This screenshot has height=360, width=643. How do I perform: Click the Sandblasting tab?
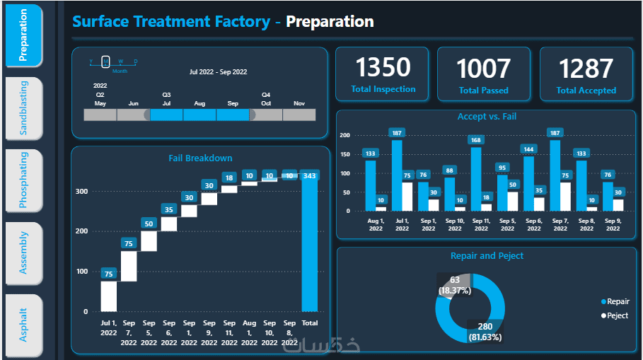point(24,108)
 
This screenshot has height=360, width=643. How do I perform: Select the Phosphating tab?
point(24,180)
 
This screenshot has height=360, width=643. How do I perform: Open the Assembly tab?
point(24,252)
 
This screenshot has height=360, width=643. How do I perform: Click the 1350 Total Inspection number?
point(383,67)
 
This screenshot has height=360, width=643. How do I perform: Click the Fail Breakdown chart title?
point(200,158)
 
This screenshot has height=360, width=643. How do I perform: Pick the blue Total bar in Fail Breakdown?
point(310,244)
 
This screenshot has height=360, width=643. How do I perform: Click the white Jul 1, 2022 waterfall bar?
point(108,296)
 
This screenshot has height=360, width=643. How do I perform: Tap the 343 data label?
point(310,175)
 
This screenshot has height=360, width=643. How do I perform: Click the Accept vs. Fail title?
point(487,117)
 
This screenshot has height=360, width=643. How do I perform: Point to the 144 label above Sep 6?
point(528,149)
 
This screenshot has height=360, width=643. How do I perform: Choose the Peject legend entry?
point(614,315)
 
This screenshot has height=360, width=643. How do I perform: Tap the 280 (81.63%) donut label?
point(485,332)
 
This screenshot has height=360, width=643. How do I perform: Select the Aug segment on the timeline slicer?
point(199,115)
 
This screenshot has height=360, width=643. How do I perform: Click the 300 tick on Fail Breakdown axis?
point(82,191)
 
